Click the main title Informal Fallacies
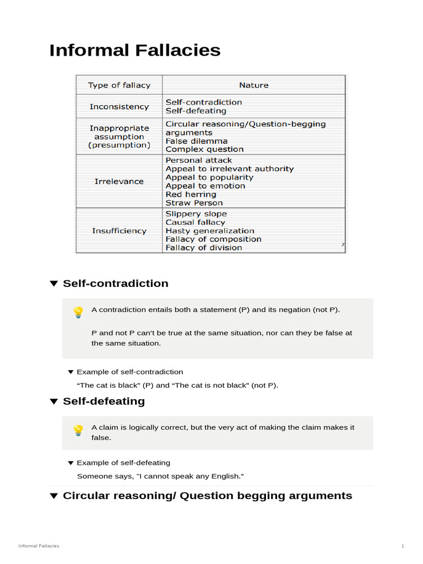point(135,50)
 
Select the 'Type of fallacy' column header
point(119,85)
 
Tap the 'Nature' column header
point(254,85)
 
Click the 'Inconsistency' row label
point(119,106)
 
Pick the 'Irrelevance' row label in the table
point(119,181)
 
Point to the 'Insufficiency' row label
point(119,231)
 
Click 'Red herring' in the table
point(191,194)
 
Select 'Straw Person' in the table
point(194,203)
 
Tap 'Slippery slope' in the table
point(196,214)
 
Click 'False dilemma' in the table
point(197,141)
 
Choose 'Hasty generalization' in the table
point(210,231)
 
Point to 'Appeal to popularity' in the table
point(209,177)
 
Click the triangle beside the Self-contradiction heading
point(53,284)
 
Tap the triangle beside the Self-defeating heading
point(53,402)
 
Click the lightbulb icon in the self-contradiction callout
point(78,312)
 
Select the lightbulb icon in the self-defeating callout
point(78,430)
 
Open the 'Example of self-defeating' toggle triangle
point(70,463)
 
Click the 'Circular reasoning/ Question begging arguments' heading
point(207,496)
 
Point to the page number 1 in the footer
point(403,546)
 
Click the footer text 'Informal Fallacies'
point(39,546)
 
